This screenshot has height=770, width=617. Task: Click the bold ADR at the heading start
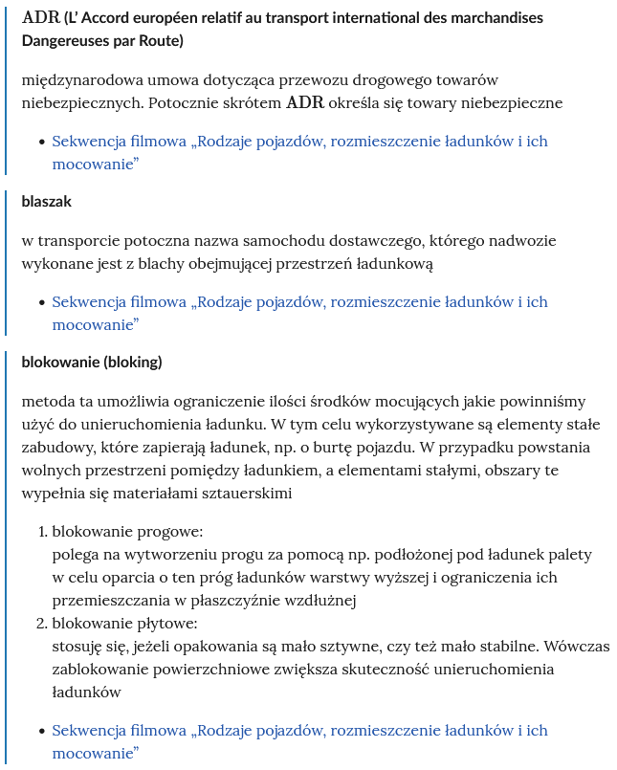[38, 18]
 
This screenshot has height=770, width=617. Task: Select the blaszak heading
[47, 202]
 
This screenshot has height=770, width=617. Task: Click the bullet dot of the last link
[41, 731]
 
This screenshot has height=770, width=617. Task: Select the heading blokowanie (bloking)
[92, 363]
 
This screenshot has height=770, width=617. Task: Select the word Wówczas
[576, 646]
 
